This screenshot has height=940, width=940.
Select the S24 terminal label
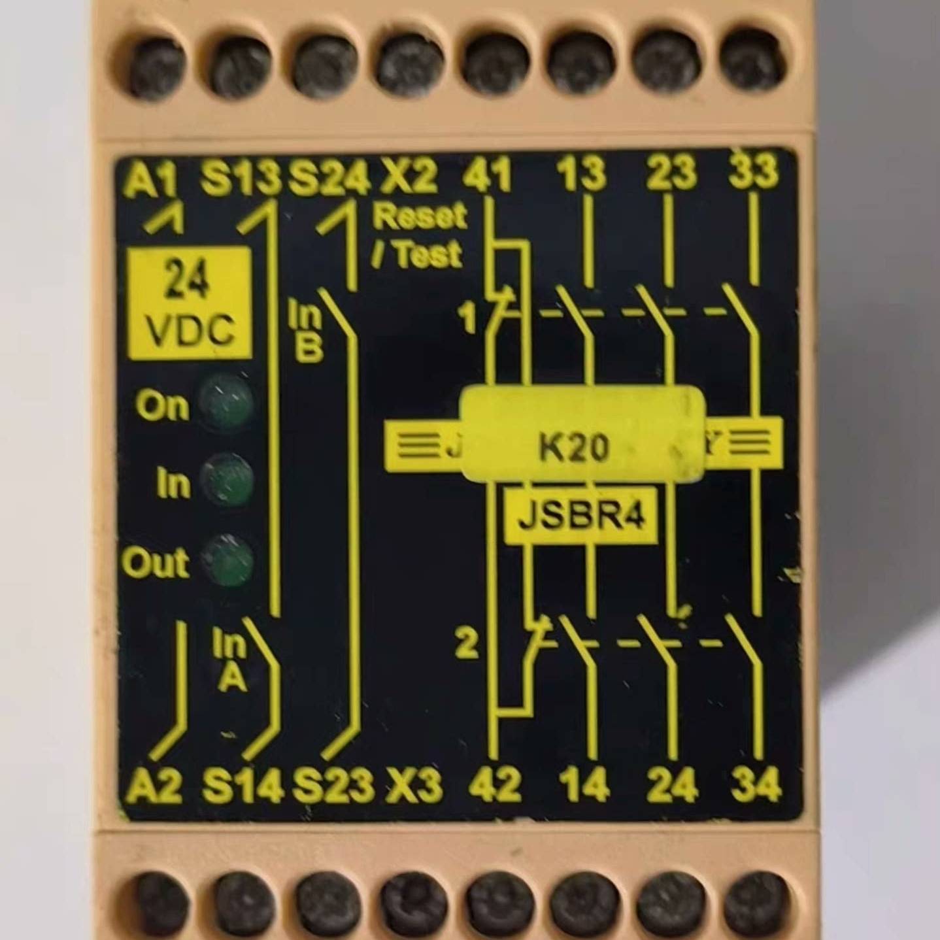pos(329,177)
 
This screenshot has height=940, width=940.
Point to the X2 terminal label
pos(410,176)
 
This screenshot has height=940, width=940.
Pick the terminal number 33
pos(754,171)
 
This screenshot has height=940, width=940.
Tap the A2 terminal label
pos(154,785)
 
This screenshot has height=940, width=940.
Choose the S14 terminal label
pos(242,785)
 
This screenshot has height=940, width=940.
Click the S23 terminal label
pos(333,785)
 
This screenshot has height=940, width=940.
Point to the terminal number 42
pos(495,784)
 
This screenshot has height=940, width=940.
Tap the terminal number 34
pos(756,784)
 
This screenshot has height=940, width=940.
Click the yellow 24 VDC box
pos(190,304)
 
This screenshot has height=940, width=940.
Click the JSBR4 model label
pos(581,516)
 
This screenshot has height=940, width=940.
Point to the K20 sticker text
pos(574,448)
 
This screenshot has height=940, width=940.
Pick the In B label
pos(307,332)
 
